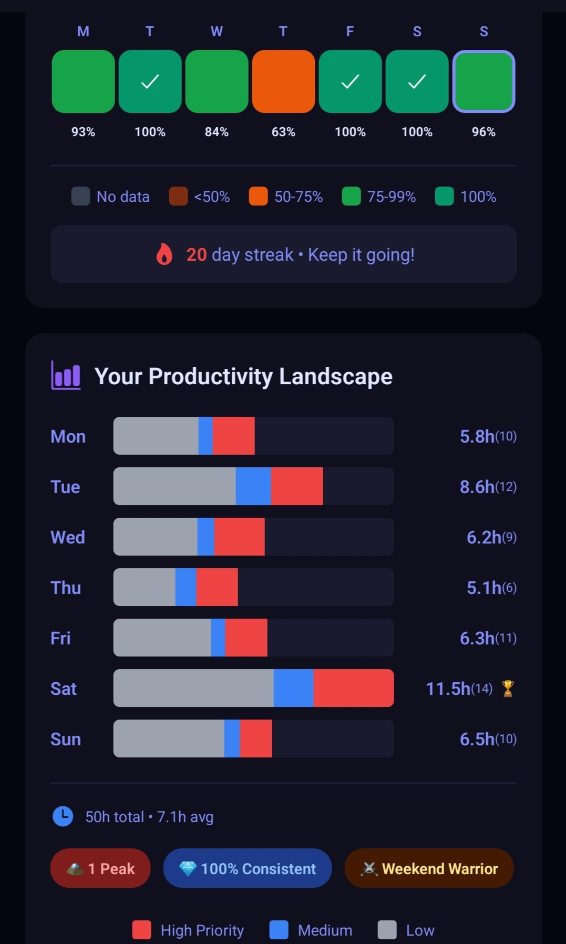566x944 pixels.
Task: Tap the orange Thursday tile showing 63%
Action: (x=283, y=81)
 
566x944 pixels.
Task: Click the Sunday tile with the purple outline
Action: (x=483, y=81)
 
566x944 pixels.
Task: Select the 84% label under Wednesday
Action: (x=217, y=132)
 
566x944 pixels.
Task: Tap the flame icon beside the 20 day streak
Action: (x=164, y=254)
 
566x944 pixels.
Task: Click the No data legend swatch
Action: (x=80, y=196)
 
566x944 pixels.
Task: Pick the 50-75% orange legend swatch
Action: (x=258, y=196)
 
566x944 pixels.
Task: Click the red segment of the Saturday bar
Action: (x=353, y=688)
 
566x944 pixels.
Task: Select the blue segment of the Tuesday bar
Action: (x=253, y=486)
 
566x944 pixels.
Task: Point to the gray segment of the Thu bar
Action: (x=145, y=587)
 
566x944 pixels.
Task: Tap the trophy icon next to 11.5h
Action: (x=508, y=688)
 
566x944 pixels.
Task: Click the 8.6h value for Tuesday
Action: (x=477, y=487)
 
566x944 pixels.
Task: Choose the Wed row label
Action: (x=68, y=537)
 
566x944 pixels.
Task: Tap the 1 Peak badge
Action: (x=100, y=868)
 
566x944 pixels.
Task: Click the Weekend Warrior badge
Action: (x=429, y=868)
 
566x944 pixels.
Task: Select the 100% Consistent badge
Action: (x=248, y=868)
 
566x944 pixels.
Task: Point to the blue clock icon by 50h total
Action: (x=63, y=816)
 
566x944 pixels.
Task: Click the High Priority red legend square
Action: (x=142, y=930)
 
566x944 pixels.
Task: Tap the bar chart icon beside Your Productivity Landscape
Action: (x=66, y=376)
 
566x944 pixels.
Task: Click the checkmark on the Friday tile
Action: (x=350, y=81)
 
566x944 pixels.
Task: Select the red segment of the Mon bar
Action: (x=233, y=436)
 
